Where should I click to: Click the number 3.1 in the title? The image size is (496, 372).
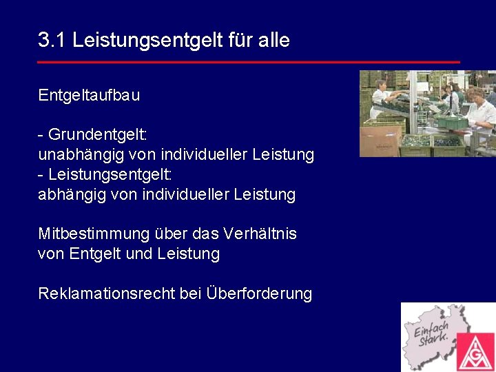pyautogui.click(x=52, y=41)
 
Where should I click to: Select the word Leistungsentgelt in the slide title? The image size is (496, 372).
pyautogui.click(x=147, y=41)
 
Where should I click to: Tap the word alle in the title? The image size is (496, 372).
pyautogui.click(x=274, y=41)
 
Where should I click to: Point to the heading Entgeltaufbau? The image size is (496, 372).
pyautogui.click(x=89, y=96)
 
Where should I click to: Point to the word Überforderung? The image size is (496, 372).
pyautogui.click(x=259, y=294)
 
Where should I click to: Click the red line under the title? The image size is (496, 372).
pyautogui.click(x=248, y=62)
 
